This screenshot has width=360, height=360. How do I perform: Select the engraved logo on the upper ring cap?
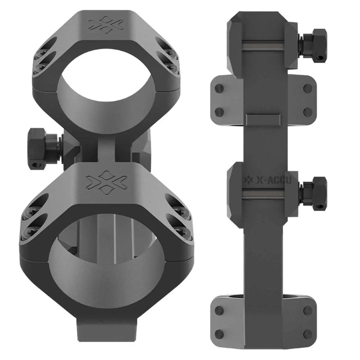click(x=106, y=25)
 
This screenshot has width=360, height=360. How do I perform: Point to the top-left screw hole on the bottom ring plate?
click(x=220, y=310)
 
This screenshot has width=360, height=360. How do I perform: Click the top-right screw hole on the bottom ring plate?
click(x=307, y=310)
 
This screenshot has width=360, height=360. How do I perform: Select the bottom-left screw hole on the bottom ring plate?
click(x=220, y=333)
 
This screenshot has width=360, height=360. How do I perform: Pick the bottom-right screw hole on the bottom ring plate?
click(x=307, y=333)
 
